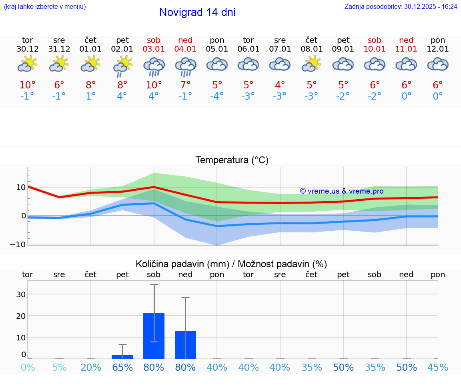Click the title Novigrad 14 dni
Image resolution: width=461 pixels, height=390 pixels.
point(197,12)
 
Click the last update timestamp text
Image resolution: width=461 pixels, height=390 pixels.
point(401,6)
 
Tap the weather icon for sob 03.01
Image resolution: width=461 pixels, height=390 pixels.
point(154,67)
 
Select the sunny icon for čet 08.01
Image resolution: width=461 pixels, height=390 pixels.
point(312,64)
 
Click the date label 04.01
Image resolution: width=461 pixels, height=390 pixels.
point(185,49)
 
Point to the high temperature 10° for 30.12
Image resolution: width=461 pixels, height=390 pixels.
point(28,85)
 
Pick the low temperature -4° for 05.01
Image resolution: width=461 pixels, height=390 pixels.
point(217,96)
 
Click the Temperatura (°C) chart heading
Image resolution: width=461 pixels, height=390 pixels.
point(232,160)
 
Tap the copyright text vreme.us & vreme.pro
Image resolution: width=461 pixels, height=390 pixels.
point(341,191)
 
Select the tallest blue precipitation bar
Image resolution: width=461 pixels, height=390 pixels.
point(154,336)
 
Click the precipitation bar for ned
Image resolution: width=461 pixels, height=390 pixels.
point(185,344)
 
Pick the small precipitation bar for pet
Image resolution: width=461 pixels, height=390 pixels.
point(122,357)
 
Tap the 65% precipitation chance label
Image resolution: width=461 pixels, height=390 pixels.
point(122,368)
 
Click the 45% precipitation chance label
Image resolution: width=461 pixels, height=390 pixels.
point(438,368)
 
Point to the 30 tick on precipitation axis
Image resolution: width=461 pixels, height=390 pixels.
point(21,294)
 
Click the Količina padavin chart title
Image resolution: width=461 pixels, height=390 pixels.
point(231,264)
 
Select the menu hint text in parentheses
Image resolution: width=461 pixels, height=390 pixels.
point(45,6)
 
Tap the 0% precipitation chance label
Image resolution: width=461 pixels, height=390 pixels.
point(28,368)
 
